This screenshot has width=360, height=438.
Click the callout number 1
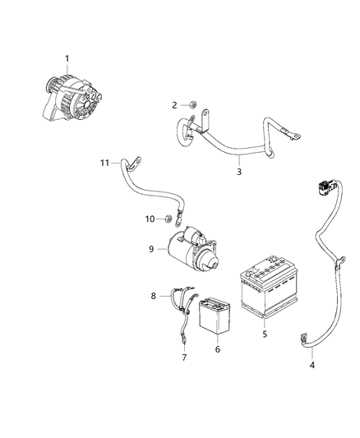[x=67, y=58]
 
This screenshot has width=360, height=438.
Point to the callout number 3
[x=239, y=172]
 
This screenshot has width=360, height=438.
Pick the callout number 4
[x=311, y=365]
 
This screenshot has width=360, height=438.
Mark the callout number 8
[x=152, y=295]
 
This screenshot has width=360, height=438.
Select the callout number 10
[x=150, y=219]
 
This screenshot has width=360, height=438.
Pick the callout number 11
[x=104, y=164]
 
